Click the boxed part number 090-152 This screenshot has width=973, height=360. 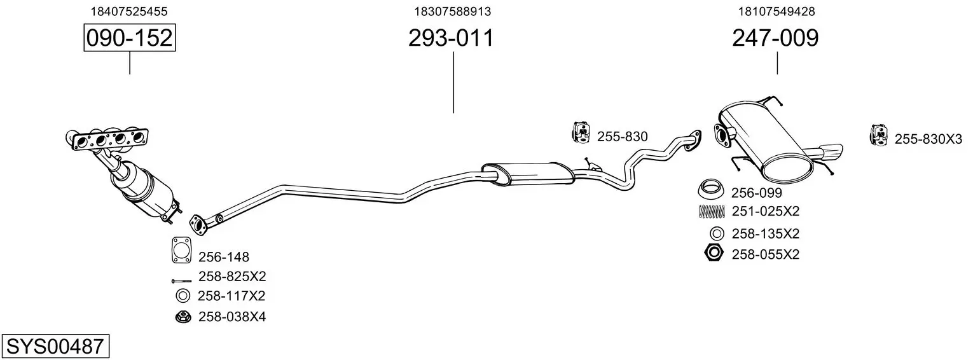(130, 38)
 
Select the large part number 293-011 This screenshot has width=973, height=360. (451, 38)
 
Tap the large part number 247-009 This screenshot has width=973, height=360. (775, 38)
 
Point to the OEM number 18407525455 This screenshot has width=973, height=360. (129, 11)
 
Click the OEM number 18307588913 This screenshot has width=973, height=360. (453, 11)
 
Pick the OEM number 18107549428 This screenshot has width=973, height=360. (776, 11)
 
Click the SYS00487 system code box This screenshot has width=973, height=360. (55, 347)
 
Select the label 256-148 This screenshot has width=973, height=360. (224, 257)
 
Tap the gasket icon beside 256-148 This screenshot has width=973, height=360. (182, 250)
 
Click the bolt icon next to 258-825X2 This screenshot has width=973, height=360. (181, 281)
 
